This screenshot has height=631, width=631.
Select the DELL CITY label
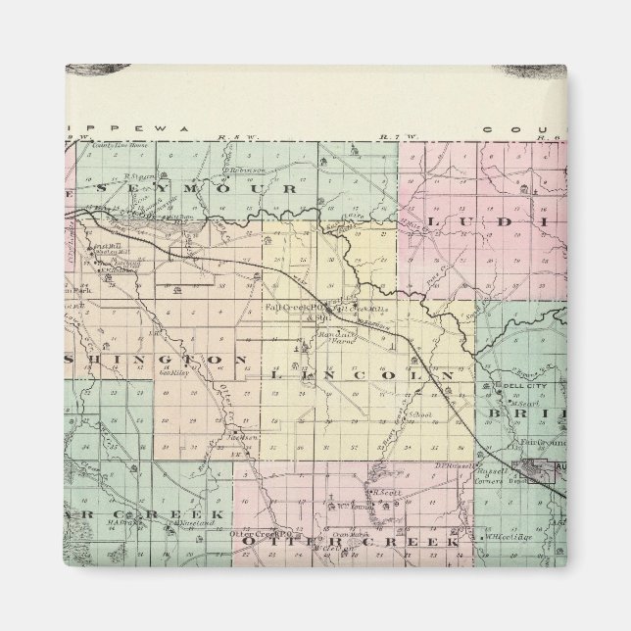pyautogui.click(x=517, y=383)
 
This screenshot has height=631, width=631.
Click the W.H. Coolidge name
pyautogui.click(x=494, y=535)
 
